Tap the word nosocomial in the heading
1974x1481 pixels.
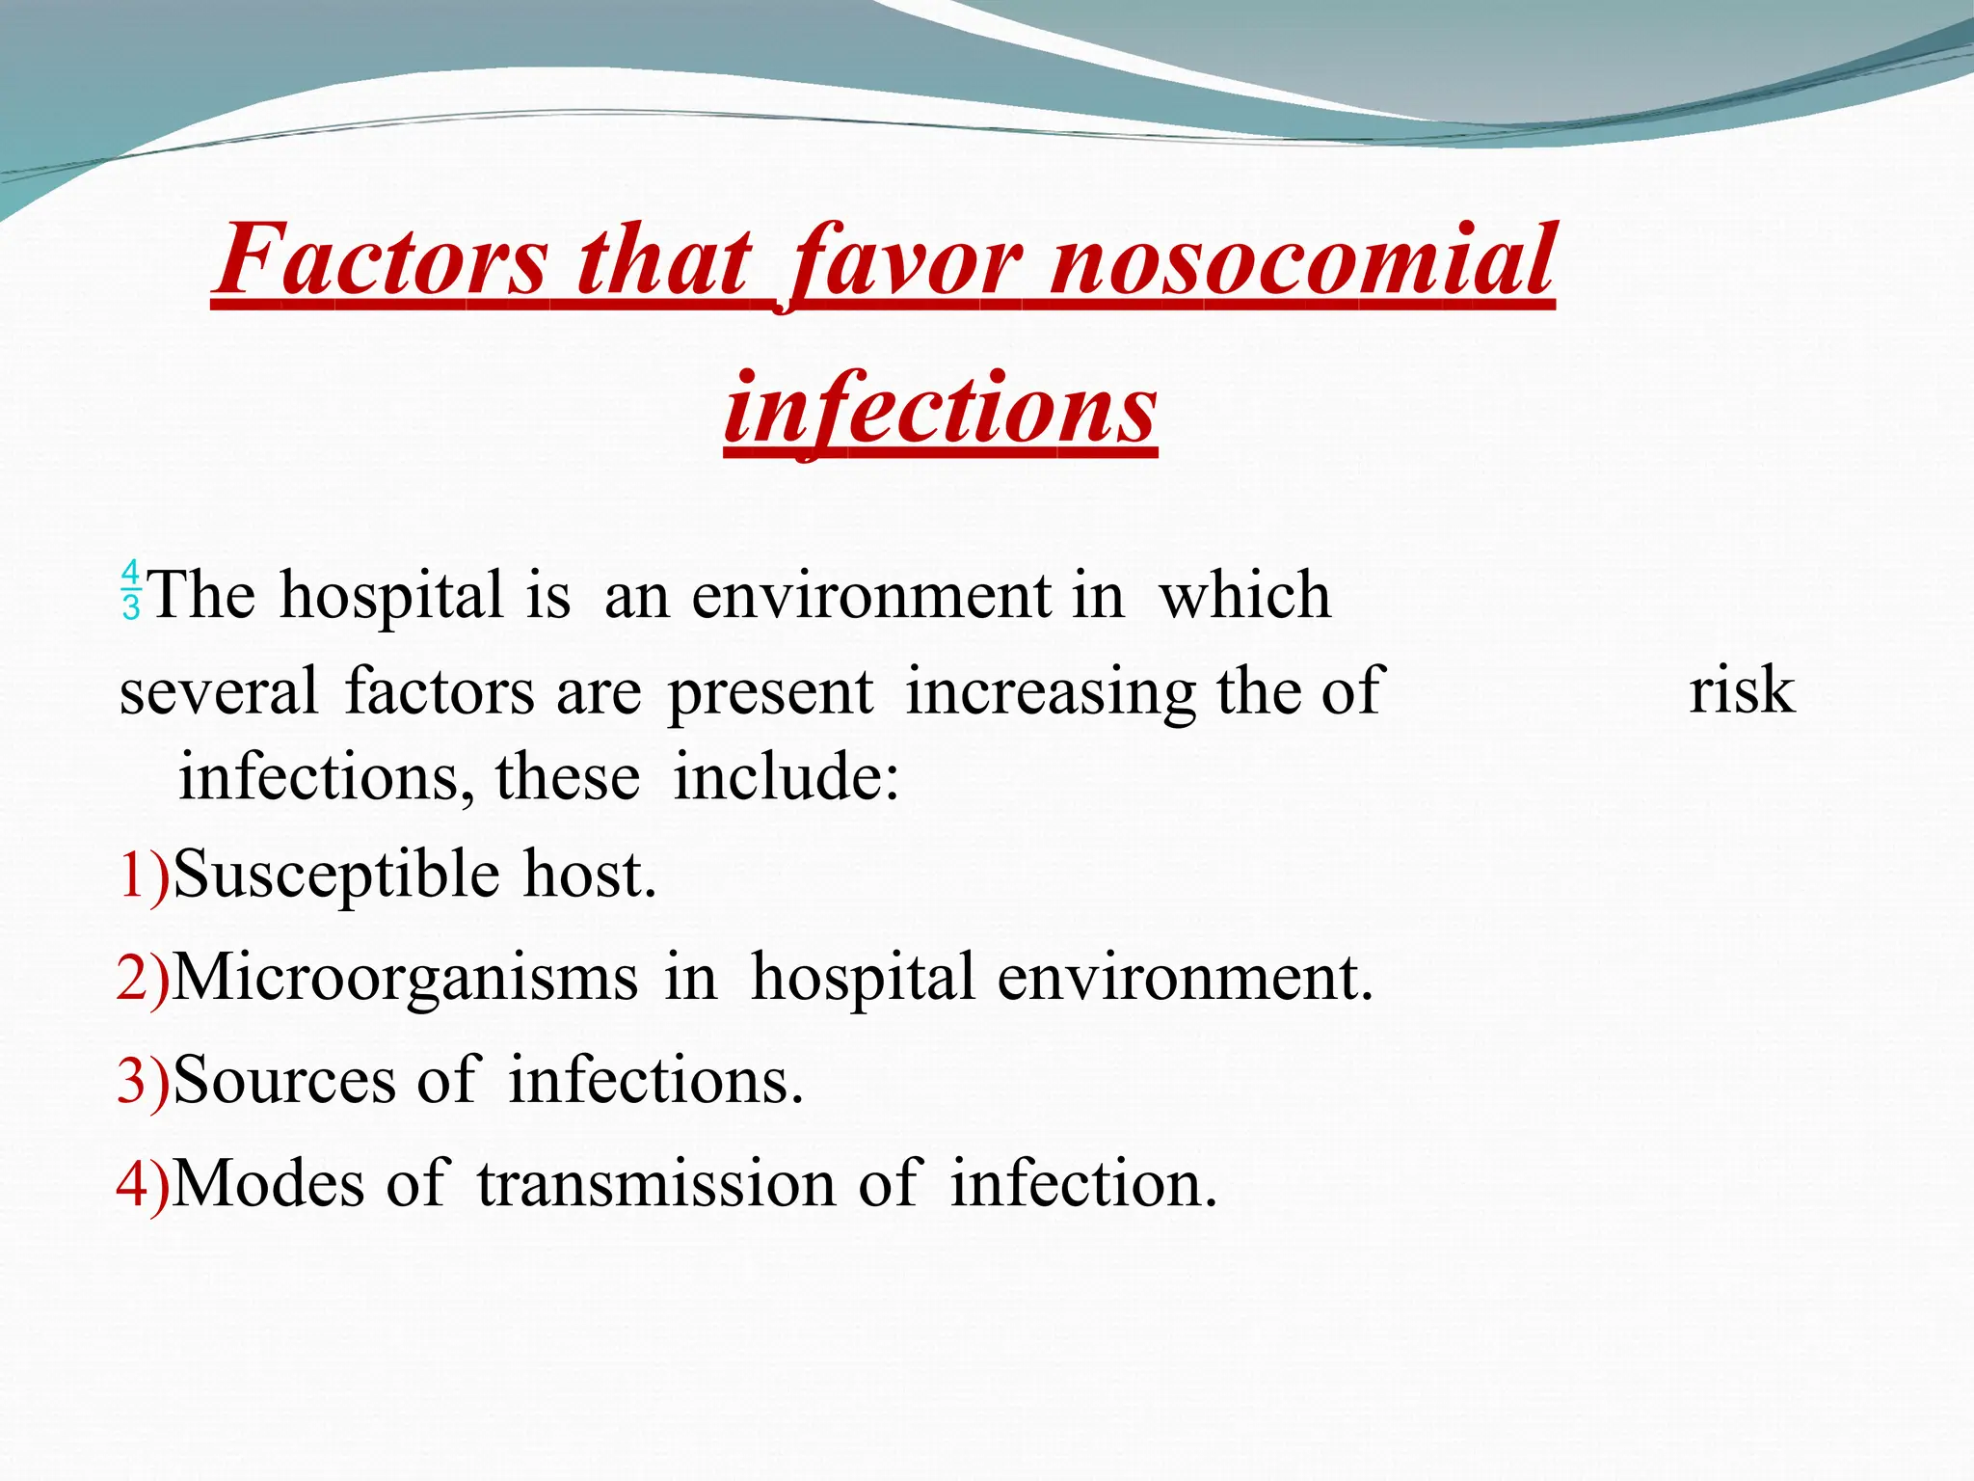tap(1302, 260)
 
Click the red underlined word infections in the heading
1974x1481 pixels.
tap(941, 409)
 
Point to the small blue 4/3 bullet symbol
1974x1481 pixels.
tap(131, 589)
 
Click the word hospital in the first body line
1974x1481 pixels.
tap(391, 595)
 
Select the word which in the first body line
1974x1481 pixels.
tap(1244, 595)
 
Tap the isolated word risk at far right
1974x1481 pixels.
tap(1742, 690)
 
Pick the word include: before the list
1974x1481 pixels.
tap(786, 777)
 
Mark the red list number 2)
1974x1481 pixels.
tap(143, 979)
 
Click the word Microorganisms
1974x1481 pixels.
tap(406, 979)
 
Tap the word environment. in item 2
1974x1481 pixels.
tap(1185, 979)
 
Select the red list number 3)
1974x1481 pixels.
tap(143, 1081)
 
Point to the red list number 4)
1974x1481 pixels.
tap(143, 1184)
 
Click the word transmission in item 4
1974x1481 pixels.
tap(656, 1184)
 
